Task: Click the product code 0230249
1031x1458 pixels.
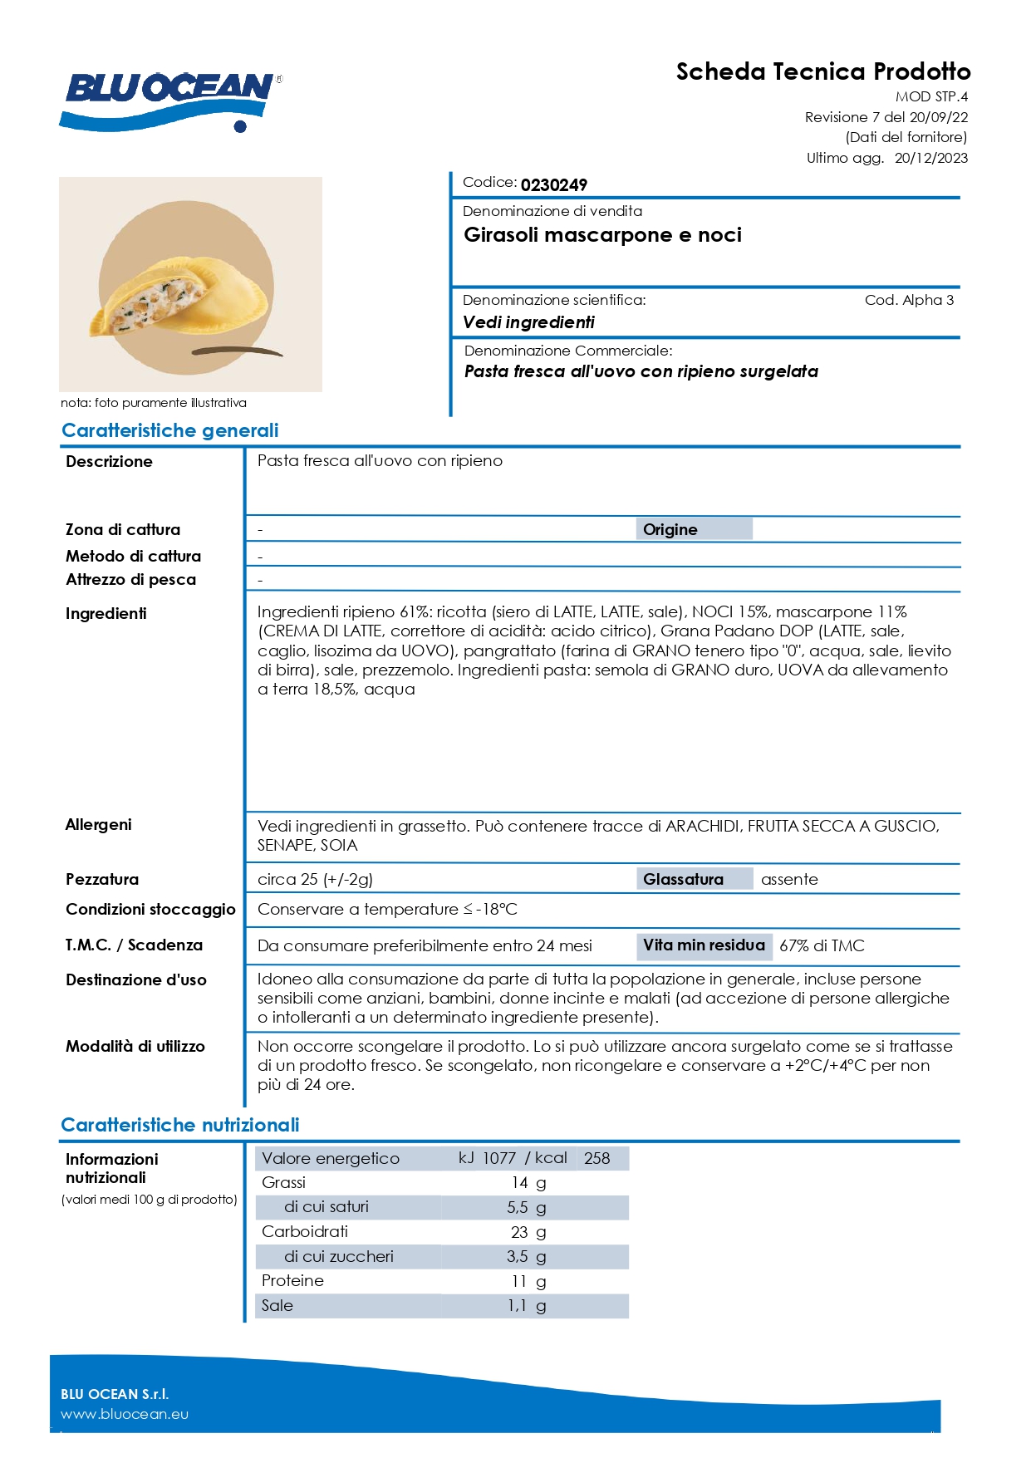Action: point(553,184)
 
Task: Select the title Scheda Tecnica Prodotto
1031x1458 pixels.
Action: point(822,71)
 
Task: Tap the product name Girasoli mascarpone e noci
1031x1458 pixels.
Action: point(602,235)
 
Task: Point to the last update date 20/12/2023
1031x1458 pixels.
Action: point(930,158)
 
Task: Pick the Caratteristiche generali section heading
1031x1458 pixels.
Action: point(169,430)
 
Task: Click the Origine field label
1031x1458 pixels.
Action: point(670,529)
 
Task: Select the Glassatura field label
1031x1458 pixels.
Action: point(683,879)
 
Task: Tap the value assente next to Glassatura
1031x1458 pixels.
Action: point(789,879)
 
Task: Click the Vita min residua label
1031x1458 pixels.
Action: point(704,945)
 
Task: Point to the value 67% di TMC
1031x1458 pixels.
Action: point(822,945)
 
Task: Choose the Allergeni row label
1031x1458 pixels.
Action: point(99,824)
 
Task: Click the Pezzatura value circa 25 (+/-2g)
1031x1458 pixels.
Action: point(315,879)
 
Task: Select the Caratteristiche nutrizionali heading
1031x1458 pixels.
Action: point(180,1125)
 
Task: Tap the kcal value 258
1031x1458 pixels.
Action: point(597,1158)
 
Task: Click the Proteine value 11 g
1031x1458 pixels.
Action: point(528,1281)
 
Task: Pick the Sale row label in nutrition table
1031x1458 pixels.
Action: point(277,1305)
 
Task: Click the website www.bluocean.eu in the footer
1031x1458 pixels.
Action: point(125,1414)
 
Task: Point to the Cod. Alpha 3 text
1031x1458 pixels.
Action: point(909,300)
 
